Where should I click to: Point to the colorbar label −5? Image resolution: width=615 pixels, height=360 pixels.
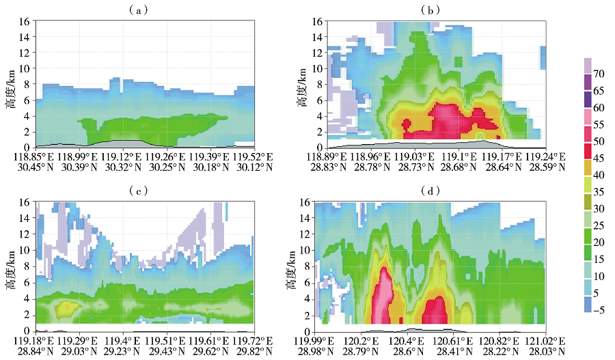tap(598, 309)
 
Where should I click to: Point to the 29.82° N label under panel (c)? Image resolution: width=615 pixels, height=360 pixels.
tap(238, 350)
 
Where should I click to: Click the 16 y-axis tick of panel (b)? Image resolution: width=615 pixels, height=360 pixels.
tap(316, 21)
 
